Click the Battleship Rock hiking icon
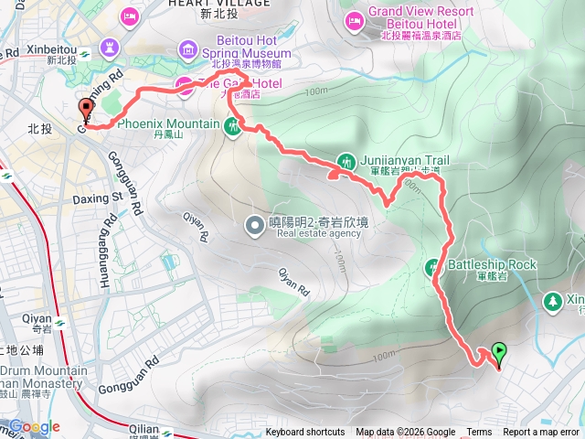tap(432, 267)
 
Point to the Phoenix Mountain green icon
tap(233, 125)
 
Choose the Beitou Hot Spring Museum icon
tap(189, 47)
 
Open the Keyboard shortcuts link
tap(305, 433)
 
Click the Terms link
tap(479, 433)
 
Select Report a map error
tap(542, 433)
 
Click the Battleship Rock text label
tap(492, 265)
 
